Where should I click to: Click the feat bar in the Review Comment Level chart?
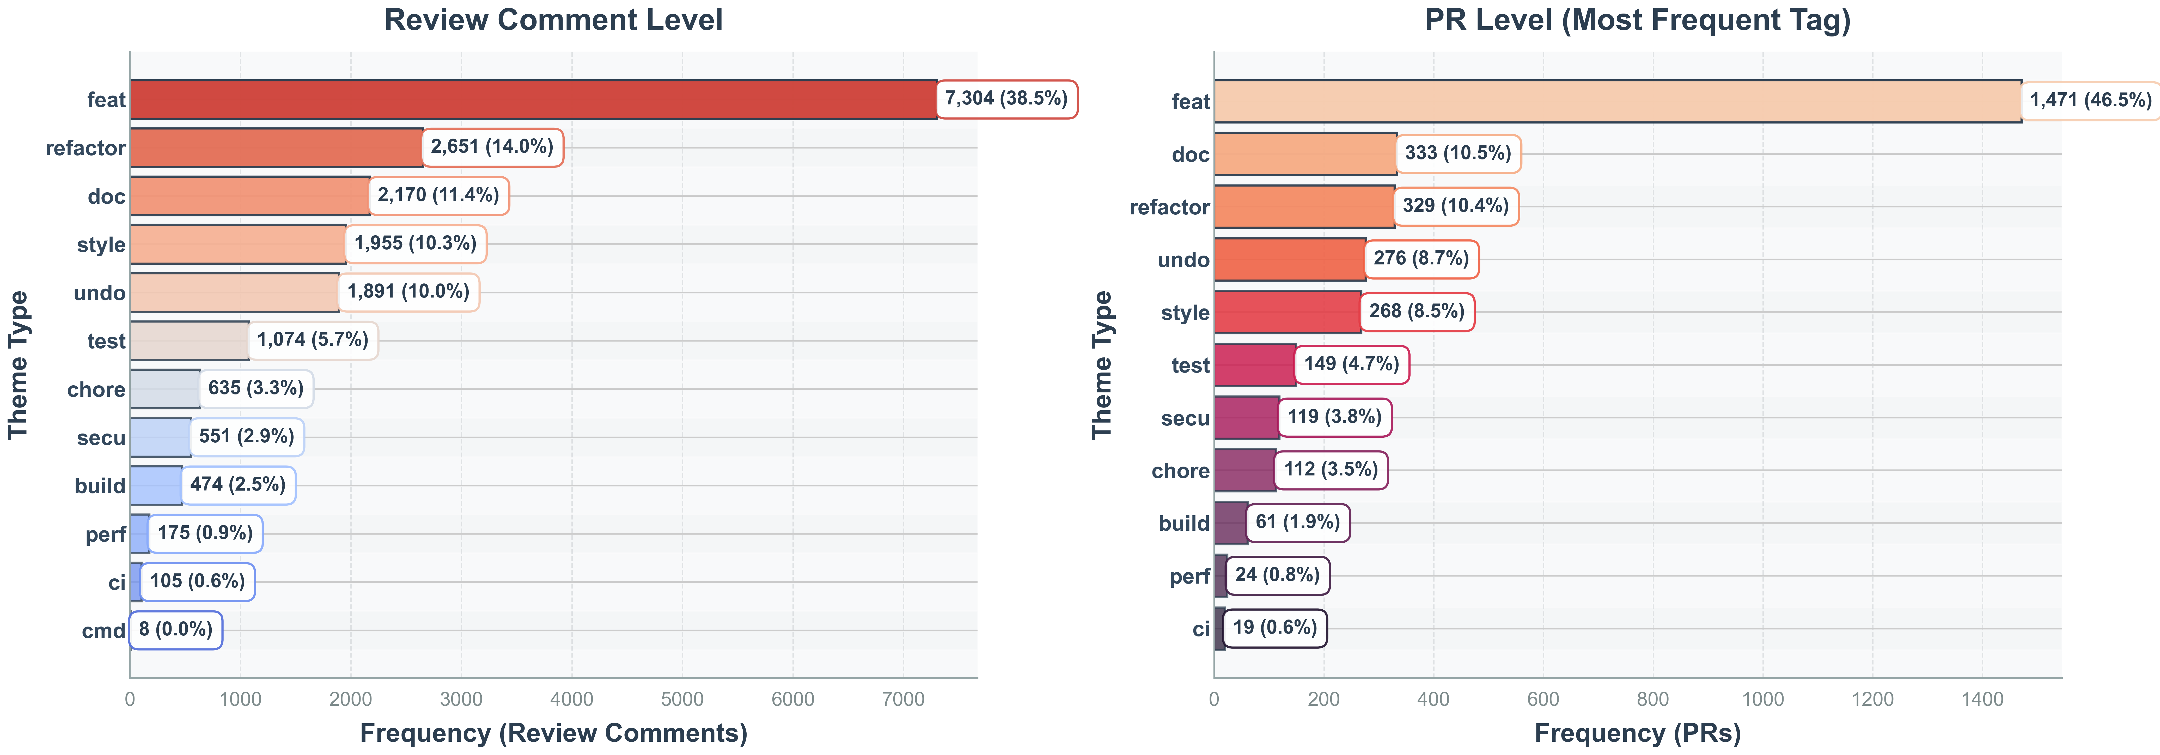point(533,100)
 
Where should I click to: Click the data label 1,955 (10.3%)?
point(415,244)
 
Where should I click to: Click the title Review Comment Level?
point(553,20)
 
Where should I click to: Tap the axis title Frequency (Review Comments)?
point(553,733)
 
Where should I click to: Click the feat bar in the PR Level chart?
point(1618,101)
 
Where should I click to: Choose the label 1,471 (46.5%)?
point(2090,101)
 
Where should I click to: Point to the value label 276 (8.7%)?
point(1420,259)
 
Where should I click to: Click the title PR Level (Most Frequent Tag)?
point(1638,20)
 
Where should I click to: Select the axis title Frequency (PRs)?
point(1638,733)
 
